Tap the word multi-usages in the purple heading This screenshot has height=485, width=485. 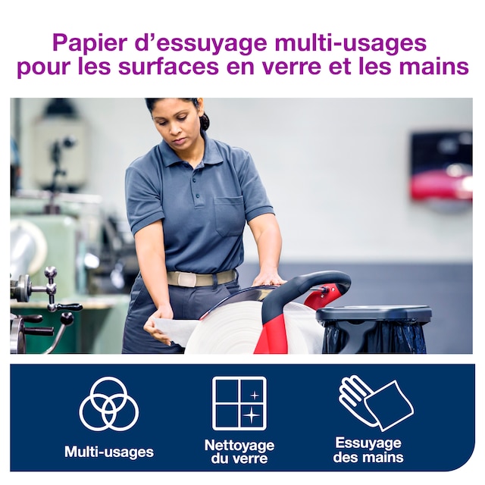350,42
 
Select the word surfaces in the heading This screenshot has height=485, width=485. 168,67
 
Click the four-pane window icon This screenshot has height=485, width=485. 239,403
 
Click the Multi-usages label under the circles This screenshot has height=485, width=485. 109,452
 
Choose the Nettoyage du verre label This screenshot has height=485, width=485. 239,452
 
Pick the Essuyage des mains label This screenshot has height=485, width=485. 368,449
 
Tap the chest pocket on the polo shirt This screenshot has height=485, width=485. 229,215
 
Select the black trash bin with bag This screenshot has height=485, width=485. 373,329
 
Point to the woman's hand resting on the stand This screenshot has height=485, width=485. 268,280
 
